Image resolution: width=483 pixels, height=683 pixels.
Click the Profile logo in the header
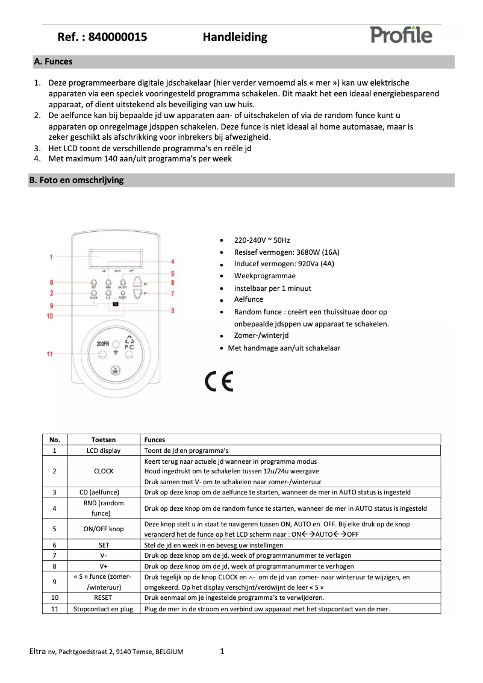coord(401,35)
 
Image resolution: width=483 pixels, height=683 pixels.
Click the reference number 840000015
coord(117,37)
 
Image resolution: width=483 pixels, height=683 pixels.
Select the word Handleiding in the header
coord(235,37)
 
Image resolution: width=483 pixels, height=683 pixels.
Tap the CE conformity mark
coord(219,382)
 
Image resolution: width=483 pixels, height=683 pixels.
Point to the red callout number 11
coord(50,354)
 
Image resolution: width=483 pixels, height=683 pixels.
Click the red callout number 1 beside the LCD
coord(52,257)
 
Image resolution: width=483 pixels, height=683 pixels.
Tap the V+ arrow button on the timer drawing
coord(139,282)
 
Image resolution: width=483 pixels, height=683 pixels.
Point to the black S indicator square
coord(115,305)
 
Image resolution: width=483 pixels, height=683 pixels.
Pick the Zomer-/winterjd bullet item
coord(261,335)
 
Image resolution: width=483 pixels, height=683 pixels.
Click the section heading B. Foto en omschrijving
coord(78,180)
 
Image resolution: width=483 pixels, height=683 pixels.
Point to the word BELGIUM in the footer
coord(170,652)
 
